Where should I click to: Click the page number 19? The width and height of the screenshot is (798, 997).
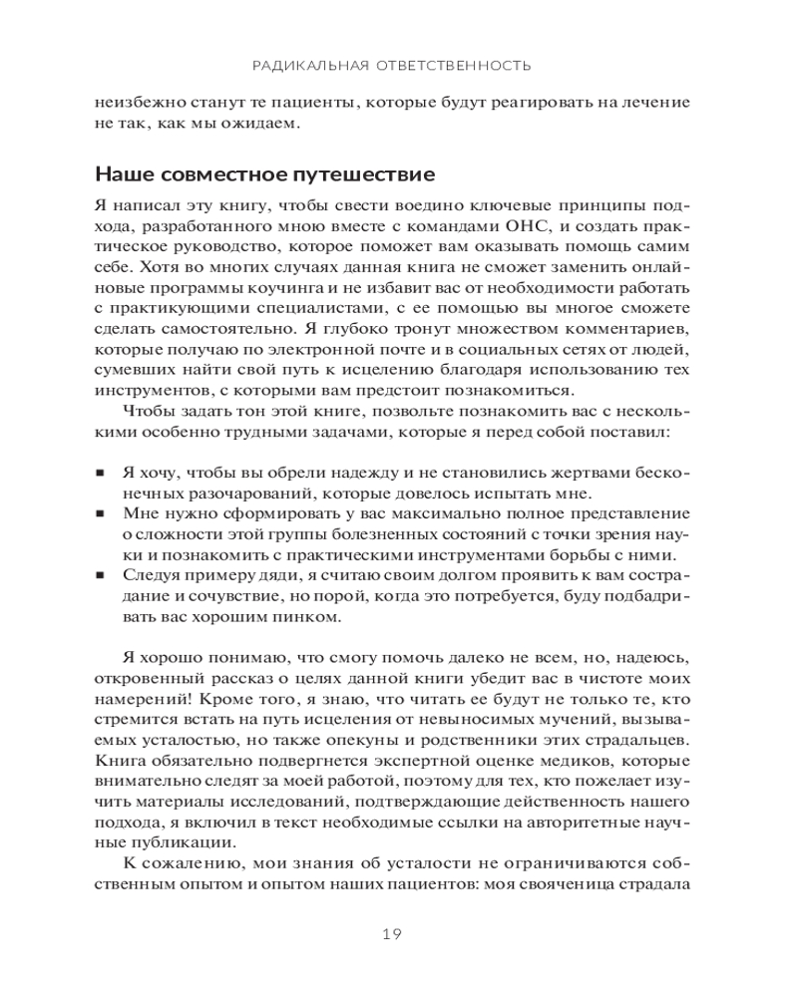[x=391, y=934]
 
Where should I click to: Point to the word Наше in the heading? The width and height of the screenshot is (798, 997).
[x=121, y=174]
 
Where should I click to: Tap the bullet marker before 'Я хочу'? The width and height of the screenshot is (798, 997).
[x=101, y=472]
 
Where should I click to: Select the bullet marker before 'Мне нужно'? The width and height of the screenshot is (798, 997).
[x=101, y=514]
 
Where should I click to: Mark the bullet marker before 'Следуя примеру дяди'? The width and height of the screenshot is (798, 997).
[x=101, y=577]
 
